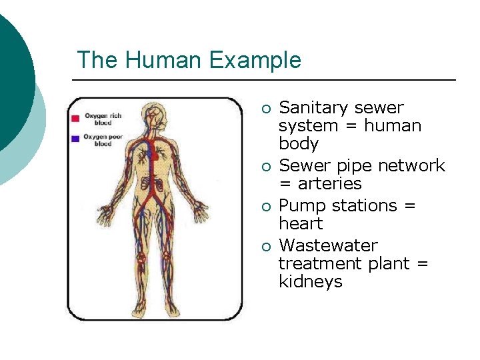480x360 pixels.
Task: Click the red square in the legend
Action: point(75,118)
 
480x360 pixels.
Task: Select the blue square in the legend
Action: point(75,138)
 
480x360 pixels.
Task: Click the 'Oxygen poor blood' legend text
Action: point(98,140)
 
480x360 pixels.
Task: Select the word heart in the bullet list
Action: point(300,223)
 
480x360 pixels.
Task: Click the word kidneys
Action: point(310,282)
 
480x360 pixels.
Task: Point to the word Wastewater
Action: point(328,245)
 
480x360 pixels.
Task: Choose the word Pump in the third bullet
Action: point(298,206)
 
